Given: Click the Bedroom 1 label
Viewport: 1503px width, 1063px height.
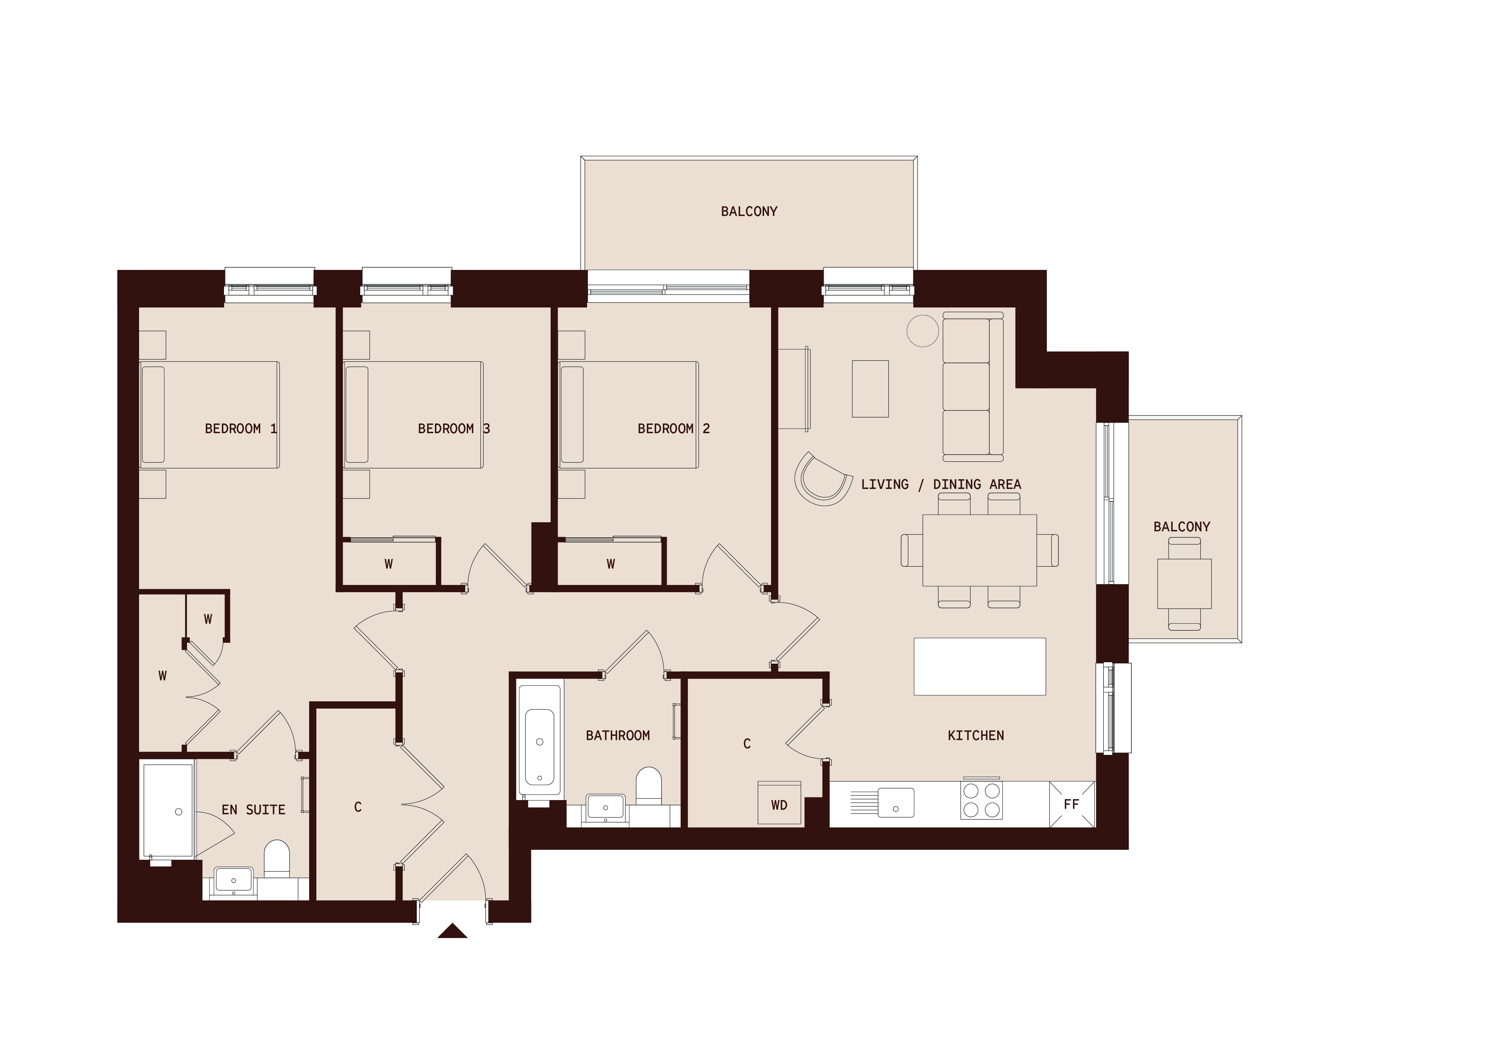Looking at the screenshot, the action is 241,429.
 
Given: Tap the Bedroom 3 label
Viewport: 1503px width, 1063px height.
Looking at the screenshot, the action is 454,429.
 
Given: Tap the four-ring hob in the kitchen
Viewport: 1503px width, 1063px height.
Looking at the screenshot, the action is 981,800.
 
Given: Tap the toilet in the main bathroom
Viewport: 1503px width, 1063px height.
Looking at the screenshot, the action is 649,787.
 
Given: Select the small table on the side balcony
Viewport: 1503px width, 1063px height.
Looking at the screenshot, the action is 1184,584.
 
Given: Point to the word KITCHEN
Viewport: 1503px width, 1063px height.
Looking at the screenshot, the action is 976,736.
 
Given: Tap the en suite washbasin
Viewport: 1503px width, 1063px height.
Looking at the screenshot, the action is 234,881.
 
